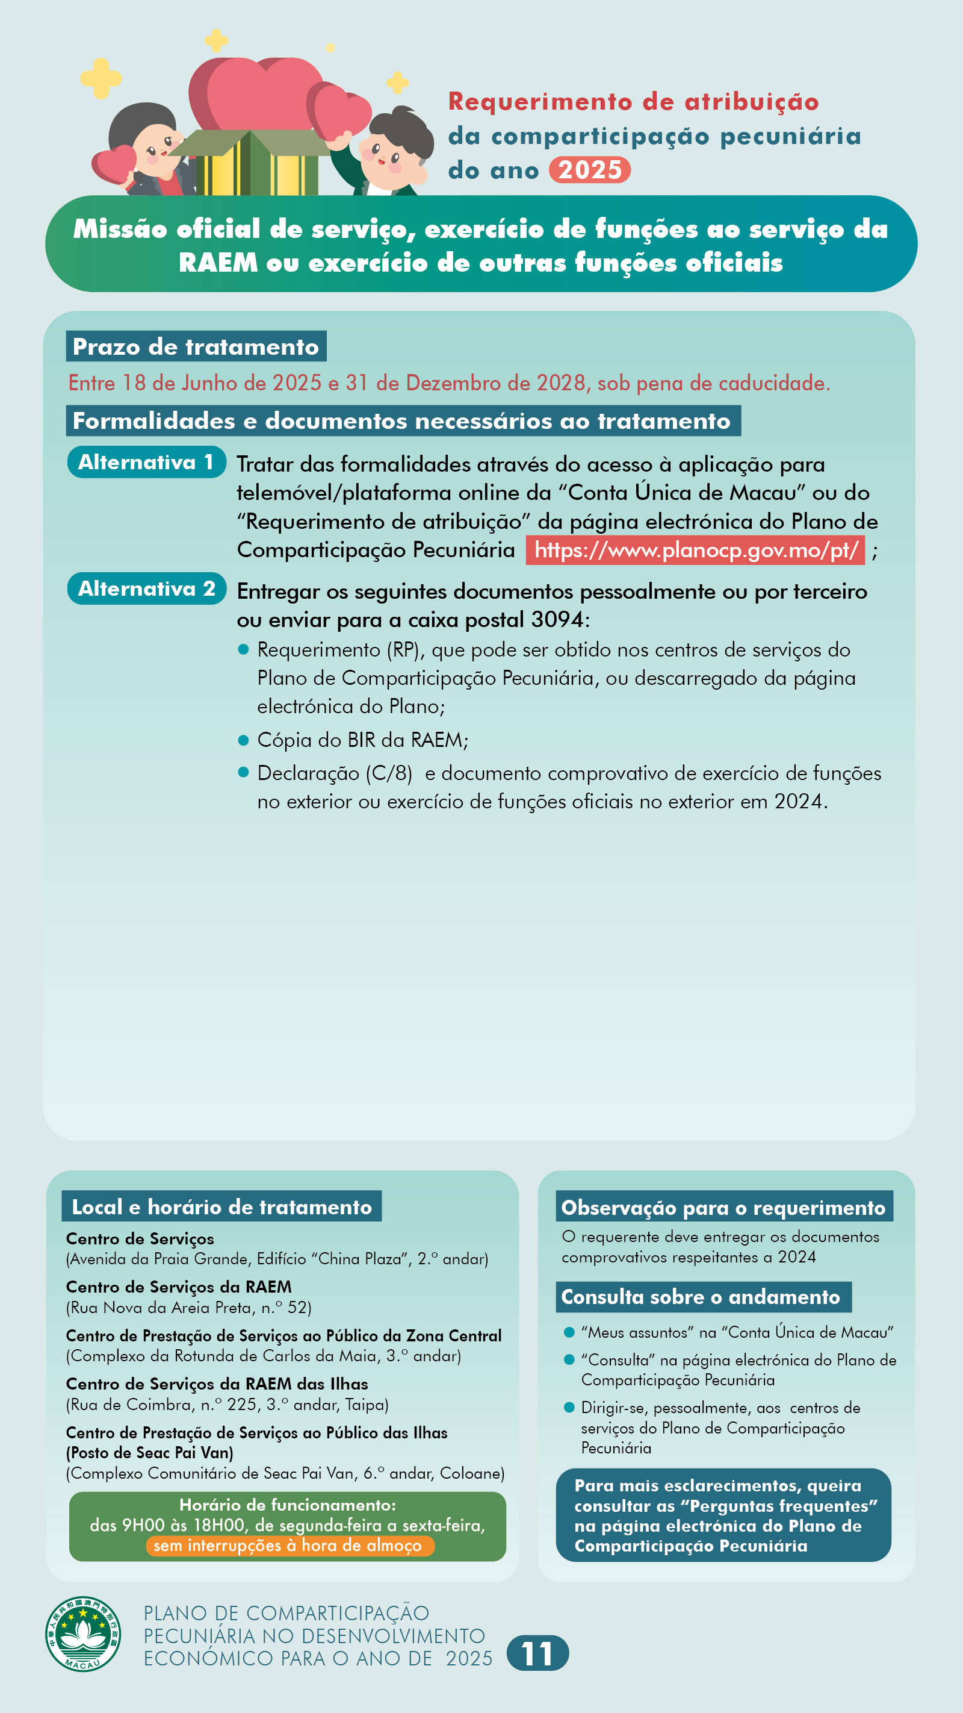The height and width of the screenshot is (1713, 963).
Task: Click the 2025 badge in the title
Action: [x=589, y=170]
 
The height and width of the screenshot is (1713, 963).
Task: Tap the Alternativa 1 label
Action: [x=146, y=462]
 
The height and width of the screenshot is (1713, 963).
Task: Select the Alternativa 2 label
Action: [x=146, y=588]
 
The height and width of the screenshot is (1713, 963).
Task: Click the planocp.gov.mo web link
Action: [x=695, y=551]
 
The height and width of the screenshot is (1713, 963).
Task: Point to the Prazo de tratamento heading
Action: [x=196, y=346]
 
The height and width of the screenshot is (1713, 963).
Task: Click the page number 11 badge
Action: [x=537, y=1653]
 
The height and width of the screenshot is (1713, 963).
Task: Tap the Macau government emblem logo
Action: [x=82, y=1634]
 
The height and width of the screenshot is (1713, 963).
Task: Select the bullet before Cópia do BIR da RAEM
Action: [x=243, y=740]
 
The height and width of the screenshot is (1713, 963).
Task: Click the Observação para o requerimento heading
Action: [x=723, y=1207]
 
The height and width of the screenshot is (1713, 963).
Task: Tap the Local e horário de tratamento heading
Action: [x=222, y=1206]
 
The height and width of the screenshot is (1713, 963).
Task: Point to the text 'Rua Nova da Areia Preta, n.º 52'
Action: [x=189, y=1308]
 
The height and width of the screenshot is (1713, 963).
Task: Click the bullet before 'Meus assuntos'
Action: [x=569, y=1332]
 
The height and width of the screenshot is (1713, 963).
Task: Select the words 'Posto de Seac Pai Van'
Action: [x=149, y=1452]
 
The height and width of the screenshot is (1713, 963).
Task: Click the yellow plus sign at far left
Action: [x=101, y=78]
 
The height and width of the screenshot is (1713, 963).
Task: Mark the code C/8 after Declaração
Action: [x=389, y=773]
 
